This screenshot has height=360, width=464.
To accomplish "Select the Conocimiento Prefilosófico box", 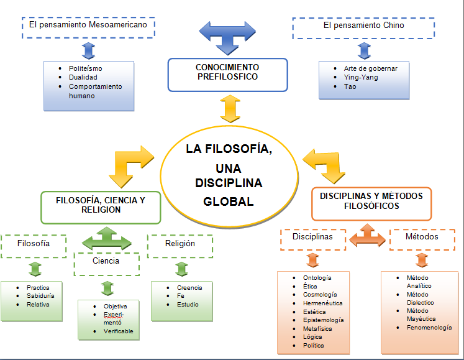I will [x=227, y=75].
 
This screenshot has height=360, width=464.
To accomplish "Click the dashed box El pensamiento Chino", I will [x=363, y=26].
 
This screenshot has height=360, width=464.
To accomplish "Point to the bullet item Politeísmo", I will [x=86, y=67].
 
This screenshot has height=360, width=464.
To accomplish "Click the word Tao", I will [x=350, y=87].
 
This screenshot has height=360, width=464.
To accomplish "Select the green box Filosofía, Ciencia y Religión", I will [x=101, y=206].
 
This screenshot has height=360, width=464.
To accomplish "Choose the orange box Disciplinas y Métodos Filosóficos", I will [x=371, y=204].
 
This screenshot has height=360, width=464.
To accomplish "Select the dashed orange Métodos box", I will [x=422, y=237].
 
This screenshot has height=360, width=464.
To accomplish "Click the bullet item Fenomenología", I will [x=429, y=328].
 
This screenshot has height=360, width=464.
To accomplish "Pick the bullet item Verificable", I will [x=119, y=331].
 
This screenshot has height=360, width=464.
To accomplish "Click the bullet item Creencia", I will [x=189, y=287].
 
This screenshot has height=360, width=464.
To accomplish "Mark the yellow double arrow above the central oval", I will [x=229, y=108].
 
